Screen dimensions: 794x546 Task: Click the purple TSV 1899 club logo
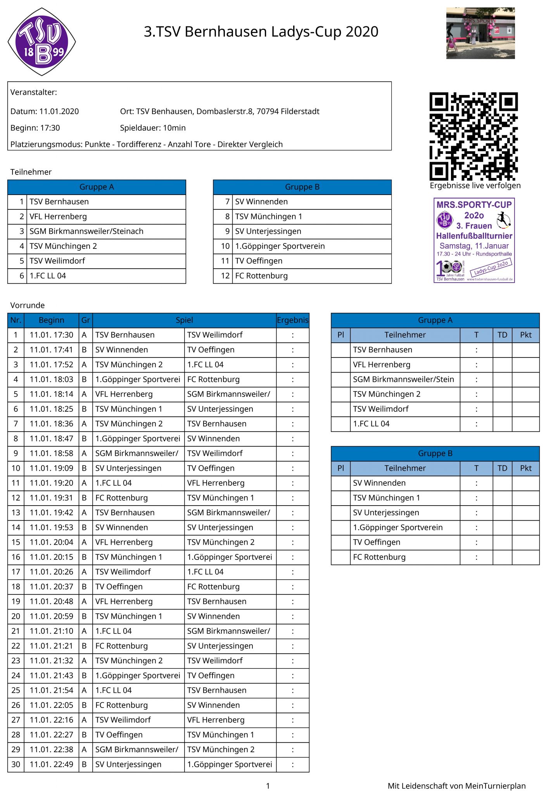41,42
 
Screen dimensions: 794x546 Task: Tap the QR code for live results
473,136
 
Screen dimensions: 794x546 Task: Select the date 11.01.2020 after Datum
59,112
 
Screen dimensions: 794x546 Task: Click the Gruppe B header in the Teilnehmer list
302,187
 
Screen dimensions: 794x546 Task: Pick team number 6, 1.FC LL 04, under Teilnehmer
48,276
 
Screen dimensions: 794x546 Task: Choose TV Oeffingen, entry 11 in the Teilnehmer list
259,261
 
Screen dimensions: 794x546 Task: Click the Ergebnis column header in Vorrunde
293,320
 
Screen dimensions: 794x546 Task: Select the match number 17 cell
16,572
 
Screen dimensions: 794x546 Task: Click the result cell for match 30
293,765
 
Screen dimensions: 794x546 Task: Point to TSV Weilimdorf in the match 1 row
215,335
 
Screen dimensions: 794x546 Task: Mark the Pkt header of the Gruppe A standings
525,335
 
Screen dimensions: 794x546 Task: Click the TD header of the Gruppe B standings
502,468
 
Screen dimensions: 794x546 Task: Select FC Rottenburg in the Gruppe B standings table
379,557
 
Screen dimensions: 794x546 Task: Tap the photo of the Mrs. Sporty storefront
480,33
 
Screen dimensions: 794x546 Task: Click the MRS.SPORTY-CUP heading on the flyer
474,205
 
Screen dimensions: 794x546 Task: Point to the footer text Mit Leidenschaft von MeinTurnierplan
456,786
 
